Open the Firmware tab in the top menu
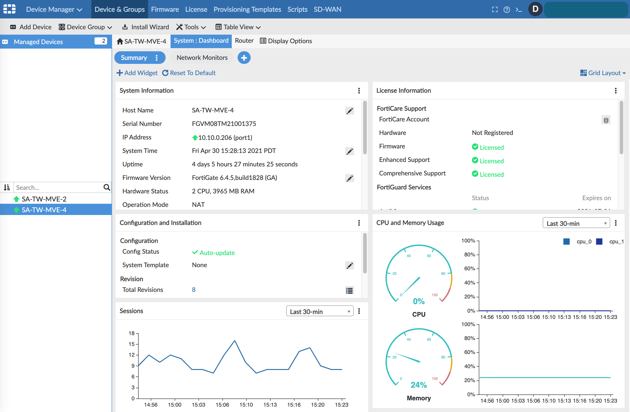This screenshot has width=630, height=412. click(x=165, y=9)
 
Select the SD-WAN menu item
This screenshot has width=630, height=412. click(x=327, y=9)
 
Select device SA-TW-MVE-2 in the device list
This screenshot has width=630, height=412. click(x=44, y=199)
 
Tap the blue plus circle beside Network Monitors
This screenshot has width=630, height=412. click(x=244, y=58)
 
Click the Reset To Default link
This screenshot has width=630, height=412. click(x=189, y=73)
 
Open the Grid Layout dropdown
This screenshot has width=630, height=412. click(x=603, y=73)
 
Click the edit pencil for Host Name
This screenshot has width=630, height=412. click(x=349, y=111)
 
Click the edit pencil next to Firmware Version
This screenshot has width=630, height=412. click(x=349, y=178)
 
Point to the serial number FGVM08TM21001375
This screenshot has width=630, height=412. click(x=224, y=124)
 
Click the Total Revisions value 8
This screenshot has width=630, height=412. click(x=193, y=290)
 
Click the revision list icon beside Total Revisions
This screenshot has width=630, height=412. click(x=349, y=291)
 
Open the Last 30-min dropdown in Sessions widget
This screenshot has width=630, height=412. click(x=319, y=311)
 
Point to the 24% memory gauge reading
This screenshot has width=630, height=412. click(x=418, y=385)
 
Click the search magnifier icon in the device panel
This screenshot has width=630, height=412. click(x=106, y=188)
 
